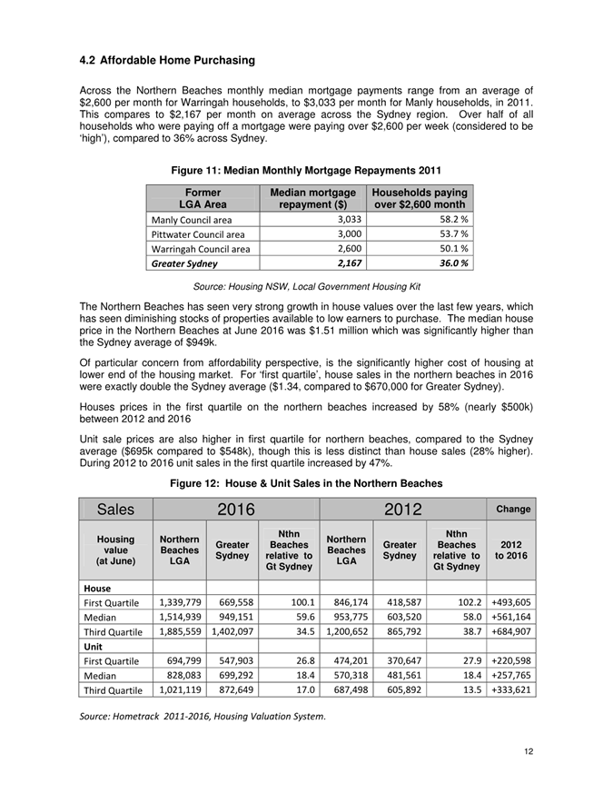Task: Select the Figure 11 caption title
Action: pos(305,170)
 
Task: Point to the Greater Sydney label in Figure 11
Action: pos(183,263)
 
